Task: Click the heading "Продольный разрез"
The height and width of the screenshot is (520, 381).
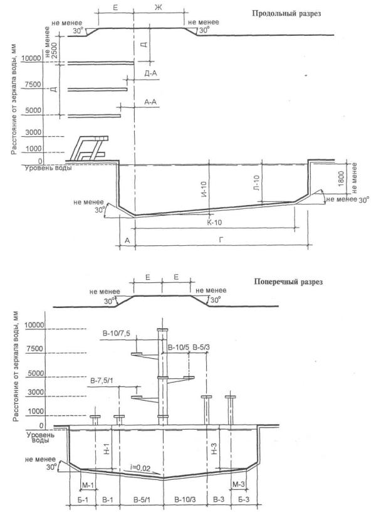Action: (286, 14)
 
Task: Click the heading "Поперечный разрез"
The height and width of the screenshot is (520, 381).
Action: (288, 282)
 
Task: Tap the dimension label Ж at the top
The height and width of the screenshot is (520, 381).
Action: (159, 8)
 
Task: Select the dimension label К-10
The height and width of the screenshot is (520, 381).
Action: (214, 222)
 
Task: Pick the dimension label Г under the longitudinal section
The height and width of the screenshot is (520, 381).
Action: (221, 240)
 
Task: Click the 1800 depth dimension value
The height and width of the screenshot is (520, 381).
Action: (342, 179)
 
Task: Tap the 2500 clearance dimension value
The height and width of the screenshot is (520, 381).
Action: (54, 50)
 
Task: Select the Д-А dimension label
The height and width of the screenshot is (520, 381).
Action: (151, 73)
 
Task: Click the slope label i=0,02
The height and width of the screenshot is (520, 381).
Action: (140, 469)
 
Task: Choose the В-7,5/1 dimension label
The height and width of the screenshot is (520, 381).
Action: (102, 381)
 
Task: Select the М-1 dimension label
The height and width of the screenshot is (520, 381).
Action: (88, 485)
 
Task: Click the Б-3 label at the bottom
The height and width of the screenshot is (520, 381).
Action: (244, 499)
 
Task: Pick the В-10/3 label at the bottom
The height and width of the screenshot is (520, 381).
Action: (184, 499)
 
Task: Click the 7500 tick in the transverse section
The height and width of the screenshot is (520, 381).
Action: (35, 349)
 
